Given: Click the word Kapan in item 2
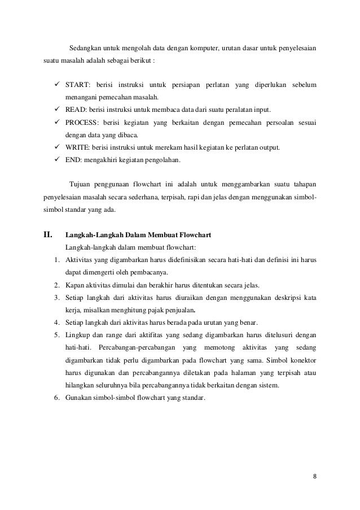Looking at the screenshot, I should point(74,285).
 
